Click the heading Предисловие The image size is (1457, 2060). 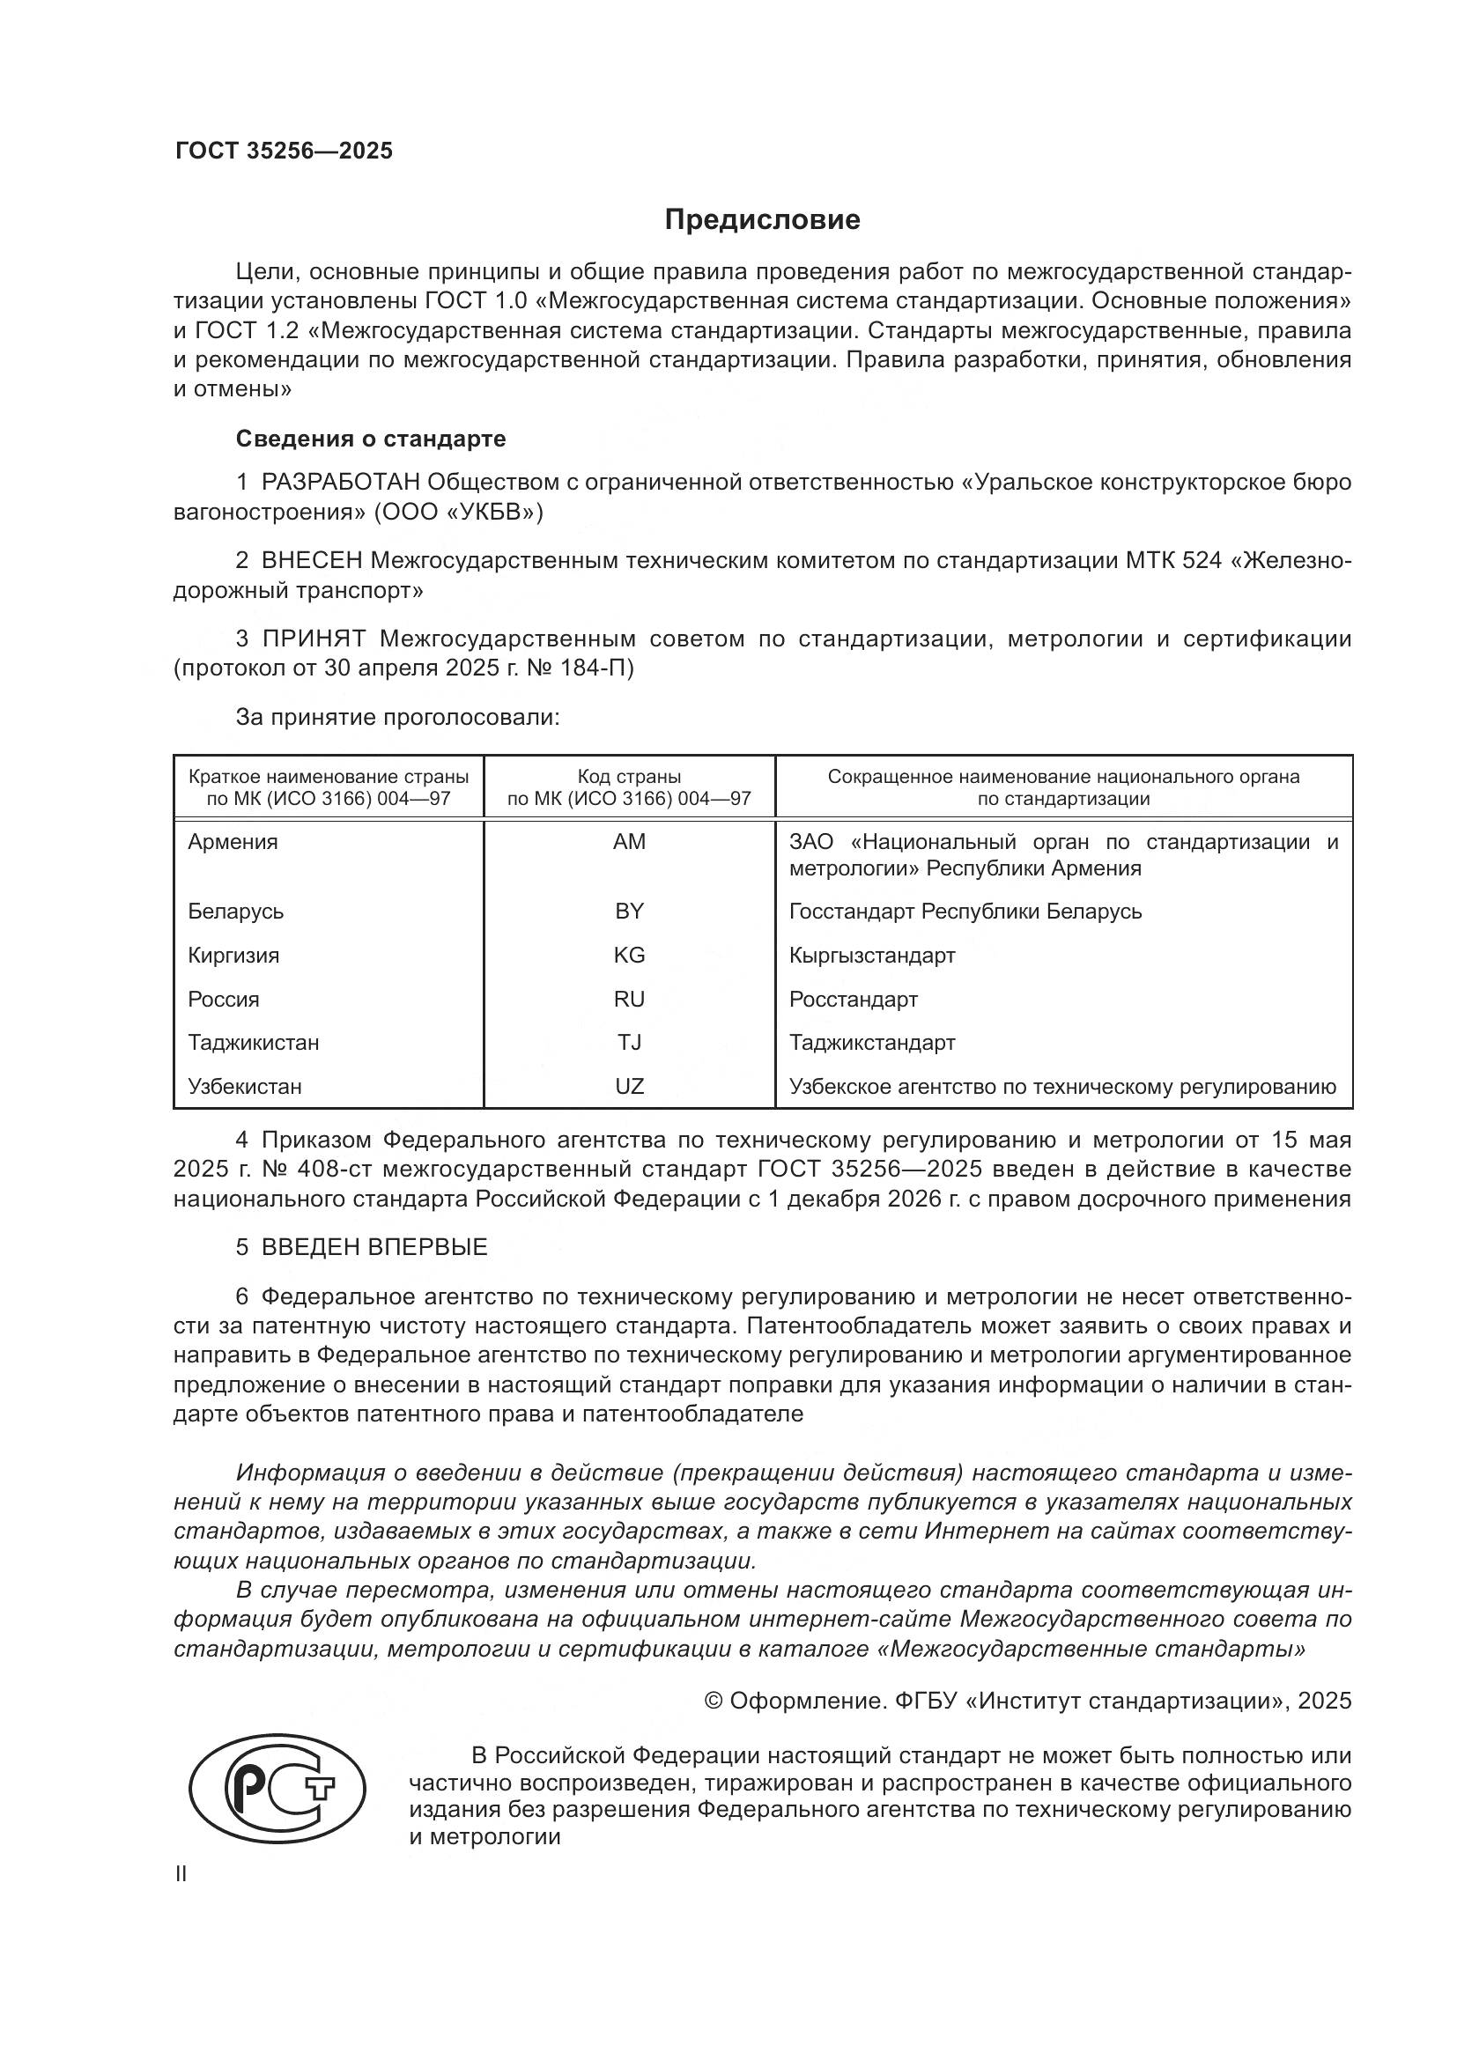[x=762, y=220]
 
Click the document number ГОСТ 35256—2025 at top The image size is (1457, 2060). [x=284, y=151]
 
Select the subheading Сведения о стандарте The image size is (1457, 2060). [x=371, y=439]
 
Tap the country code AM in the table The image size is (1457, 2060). [x=629, y=842]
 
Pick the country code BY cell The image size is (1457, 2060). [x=629, y=912]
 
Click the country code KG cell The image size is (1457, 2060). [x=629, y=956]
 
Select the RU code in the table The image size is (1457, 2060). [x=629, y=1000]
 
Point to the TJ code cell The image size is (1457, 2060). [x=629, y=1043]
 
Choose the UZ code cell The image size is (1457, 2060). [x=629, y=1087]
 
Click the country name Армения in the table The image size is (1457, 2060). [x=233, y=842]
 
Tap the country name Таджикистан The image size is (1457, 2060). [x=253, y=1043]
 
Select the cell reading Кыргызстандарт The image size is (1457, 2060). [x=872, y=956]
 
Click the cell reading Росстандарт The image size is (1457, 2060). [x=854, y=1000]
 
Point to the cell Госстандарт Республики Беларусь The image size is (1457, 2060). [x=965, y=912]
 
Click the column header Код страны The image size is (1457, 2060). [x=629, y=777]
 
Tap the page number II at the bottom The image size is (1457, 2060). [x=181, y=1874]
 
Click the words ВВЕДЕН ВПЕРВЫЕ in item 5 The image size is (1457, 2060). [x=374, y=1247]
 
